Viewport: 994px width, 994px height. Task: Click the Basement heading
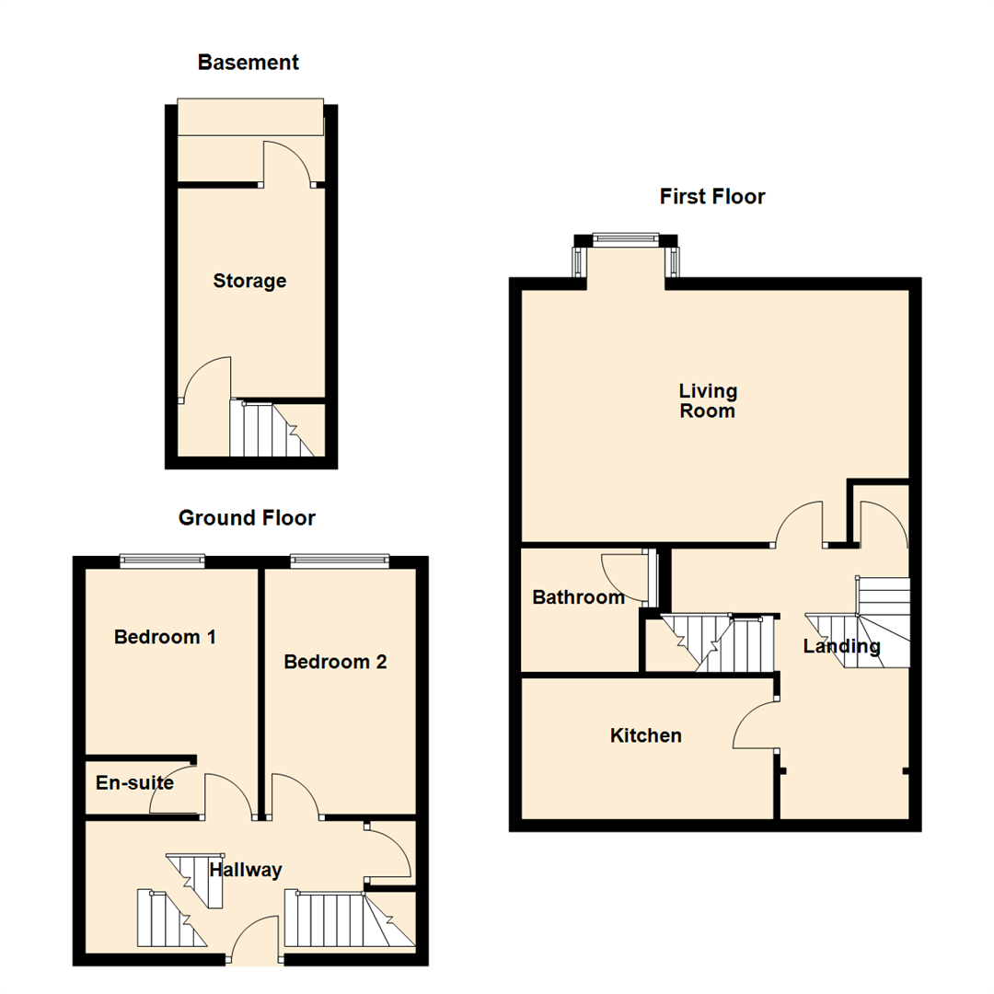tap(248, 63)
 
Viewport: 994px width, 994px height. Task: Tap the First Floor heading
tap(712, 196)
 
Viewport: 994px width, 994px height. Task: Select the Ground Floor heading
tap(247, 518)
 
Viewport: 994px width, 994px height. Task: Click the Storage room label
tap(249, 281)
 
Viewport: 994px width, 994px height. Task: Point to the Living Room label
tap(708, 400)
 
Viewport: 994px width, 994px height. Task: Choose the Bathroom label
tap(579, 597)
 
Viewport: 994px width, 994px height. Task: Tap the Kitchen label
tap(646, 735)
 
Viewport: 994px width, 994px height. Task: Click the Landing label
tap(841, 646)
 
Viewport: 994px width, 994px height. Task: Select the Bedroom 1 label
tap(165, 636)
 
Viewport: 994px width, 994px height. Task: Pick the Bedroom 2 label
tap(335, 661)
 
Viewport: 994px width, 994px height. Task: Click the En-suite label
tap(134, 783)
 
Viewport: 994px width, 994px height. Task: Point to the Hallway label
tap(246, 870)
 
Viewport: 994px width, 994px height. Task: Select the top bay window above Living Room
tap(626, 240)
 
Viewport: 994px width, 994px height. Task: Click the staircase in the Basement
tap(272, 429)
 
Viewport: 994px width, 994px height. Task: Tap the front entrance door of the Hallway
tap(254, 939)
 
